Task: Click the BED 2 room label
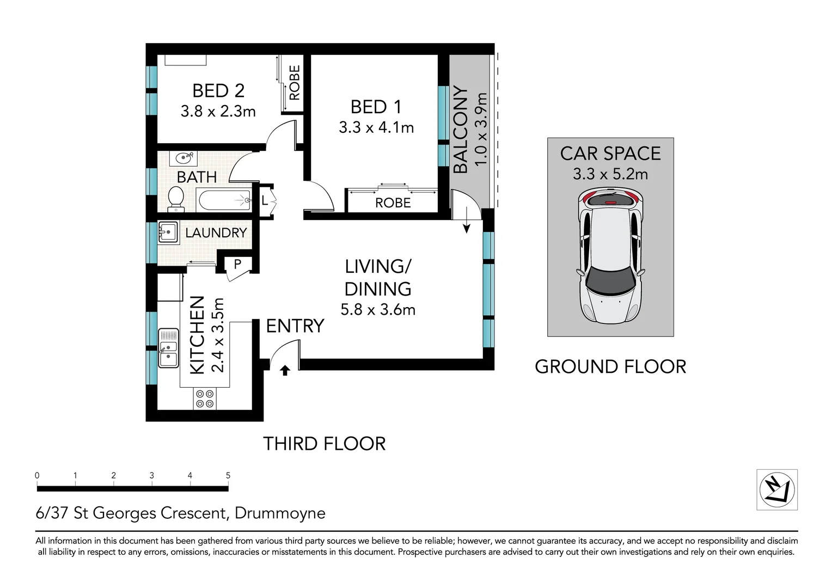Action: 218,90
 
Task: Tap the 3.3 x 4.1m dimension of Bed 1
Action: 376,127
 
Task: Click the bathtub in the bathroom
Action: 224,200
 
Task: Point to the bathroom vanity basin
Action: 183,158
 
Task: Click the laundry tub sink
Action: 168,232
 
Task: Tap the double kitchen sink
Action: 168,348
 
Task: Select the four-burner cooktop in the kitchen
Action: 205,399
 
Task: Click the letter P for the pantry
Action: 237,264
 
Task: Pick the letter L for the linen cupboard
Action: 265,200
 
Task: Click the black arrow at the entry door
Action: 285,371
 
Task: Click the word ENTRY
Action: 295,326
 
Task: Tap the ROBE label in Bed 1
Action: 393,203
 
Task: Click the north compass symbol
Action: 776,489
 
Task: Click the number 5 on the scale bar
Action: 228,475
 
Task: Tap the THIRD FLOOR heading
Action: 324,444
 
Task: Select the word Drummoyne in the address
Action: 280,513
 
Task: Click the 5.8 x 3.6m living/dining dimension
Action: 378,310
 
